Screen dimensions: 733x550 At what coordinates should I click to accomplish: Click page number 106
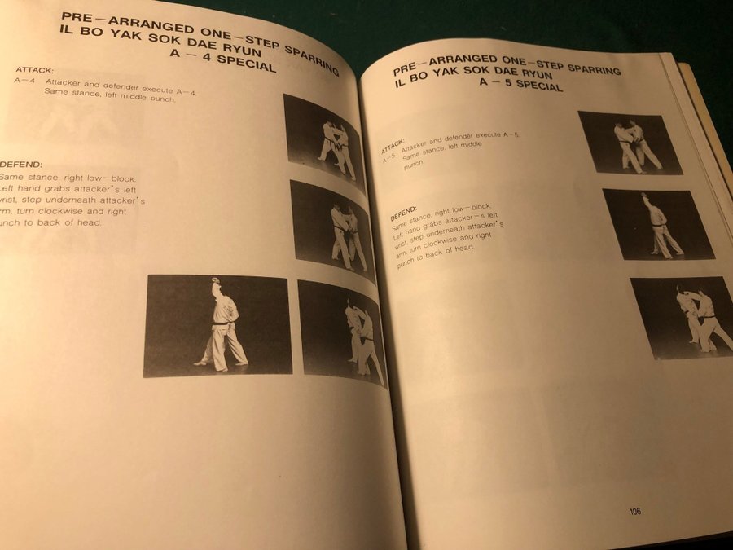(634, 511)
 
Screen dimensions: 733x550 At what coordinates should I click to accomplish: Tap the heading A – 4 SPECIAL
(222, 59)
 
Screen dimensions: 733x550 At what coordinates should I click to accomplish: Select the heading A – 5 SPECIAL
(520, 83)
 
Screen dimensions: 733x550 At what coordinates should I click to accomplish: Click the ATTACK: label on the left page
(34, 70)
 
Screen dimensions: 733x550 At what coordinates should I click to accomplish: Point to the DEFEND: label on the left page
(21, 165)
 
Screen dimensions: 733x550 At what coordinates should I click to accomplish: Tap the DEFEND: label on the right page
(403, 213)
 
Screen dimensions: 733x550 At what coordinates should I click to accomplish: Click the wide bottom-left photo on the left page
(217, 325)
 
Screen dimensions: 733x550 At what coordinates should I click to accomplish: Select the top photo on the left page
(324, 142)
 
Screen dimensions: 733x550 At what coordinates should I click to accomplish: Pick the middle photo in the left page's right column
(332, 231)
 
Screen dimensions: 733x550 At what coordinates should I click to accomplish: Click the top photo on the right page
(630, 143)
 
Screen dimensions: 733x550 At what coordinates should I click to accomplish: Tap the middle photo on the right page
(658, 225)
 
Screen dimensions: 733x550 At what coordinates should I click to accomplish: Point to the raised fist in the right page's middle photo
(645, 195)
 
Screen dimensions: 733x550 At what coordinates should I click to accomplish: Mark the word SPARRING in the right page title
(594, 68)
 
